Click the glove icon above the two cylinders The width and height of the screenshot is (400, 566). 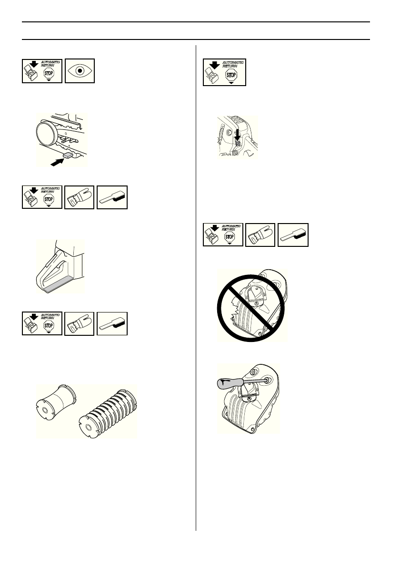click(80, 323)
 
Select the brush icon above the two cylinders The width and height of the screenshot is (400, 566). click(112, 323)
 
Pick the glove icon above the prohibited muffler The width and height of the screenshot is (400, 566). click(260, 234)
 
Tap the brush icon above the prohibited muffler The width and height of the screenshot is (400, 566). click(292, 234)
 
